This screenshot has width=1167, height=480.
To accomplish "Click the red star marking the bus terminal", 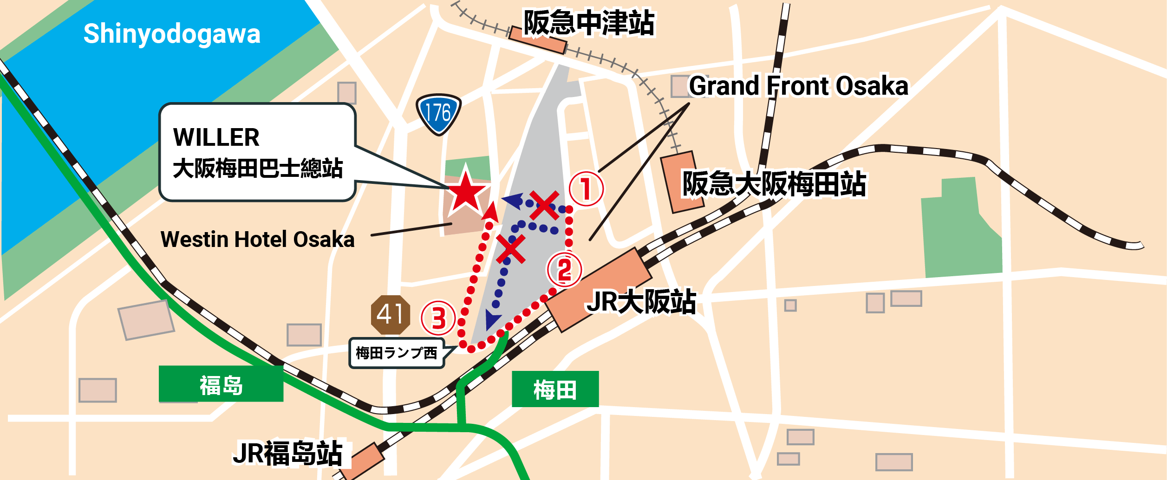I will point(466,192).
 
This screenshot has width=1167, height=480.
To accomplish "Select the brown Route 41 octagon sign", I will point(390,315).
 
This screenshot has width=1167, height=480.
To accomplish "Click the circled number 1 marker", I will point(586,189).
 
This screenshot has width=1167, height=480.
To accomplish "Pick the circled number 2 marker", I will point(564,270).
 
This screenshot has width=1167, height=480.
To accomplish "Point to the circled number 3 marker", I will point(438,318).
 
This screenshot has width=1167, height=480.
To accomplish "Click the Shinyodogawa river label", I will point(172,34).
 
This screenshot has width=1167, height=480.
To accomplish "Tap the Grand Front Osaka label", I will point(798,86).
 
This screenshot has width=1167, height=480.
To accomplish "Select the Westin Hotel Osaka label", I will point(257,240).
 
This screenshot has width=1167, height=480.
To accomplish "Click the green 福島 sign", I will point(221,384).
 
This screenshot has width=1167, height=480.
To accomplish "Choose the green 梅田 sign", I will point(555,389).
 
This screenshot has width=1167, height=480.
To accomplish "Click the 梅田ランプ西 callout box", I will point(396,353).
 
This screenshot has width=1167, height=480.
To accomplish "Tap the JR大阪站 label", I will point(641,302).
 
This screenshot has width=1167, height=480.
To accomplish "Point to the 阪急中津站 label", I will point(588,23).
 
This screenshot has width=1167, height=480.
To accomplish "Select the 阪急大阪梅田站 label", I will point(774,184).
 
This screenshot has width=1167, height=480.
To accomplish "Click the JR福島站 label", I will point(288,453).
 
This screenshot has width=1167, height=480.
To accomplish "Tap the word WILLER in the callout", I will point(216,137).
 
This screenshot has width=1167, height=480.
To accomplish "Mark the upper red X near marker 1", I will point(544,205).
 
